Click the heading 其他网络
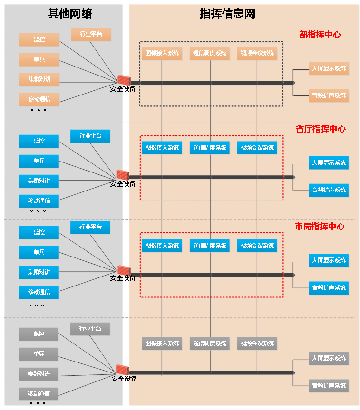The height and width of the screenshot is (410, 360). pyautogui.click(x=70, y=14)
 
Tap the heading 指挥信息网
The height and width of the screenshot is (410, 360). pyautogui.click(x=227, y=14)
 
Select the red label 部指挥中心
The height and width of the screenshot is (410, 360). pyautogui.click(x=320, y=35)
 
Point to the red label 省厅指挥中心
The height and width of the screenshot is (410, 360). pyautogui.click(x=321, y=129)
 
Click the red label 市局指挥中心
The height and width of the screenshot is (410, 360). pyautogui.click(x=320, y=227)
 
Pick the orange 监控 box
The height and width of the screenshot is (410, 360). pyautogui.click(x=39, y=39)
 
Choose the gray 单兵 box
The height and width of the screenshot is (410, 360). pyautogui.click(x=39, y=354)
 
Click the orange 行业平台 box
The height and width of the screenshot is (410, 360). pyautogui.click(x=91, y=34)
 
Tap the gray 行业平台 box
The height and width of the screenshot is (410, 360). pyautogui.click(x=90, y=329)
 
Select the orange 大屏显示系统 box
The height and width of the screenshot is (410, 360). pyautogui.click(x=329, y=68)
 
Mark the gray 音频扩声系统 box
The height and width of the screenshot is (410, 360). pyautogui.click(x=329, y=386)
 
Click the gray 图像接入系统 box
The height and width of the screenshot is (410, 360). pyautogui.click(x=162, y=343)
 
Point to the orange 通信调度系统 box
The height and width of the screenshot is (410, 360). pyautogui.click(x=210, y=53)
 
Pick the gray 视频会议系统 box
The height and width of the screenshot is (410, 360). pyautogui.click(x=257, y=343)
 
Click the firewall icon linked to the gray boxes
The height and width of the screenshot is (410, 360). pyautogui.click(x=122, y=370)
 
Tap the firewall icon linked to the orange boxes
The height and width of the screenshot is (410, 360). pyautogui.click(x=124, y=80)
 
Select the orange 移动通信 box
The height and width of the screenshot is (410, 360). pyautogui.click(x=39, y=99)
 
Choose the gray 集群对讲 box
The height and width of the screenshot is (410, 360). pyautogui.click(x=39, y=374)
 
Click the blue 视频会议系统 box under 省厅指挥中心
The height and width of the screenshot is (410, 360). pyautogui.click(x=257, y=148)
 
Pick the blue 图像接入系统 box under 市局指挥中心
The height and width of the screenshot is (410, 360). pyautogui.click(x=162, y=246)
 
